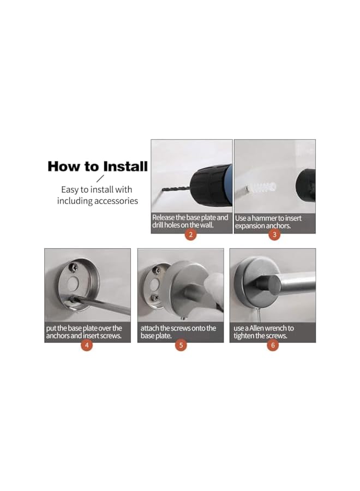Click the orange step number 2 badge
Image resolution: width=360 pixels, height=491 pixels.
191,234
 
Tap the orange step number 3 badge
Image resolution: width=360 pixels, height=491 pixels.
274,235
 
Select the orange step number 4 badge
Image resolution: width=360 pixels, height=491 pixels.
87,345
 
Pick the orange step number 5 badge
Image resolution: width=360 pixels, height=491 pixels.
181,345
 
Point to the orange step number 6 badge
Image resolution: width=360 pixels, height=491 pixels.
273,345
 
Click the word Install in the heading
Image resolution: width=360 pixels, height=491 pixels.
125,166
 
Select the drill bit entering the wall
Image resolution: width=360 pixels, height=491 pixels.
176,189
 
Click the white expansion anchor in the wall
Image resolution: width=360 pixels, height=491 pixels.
261,189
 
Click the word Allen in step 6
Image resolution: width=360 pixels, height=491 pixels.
257,328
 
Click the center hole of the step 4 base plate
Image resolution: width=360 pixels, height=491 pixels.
73,284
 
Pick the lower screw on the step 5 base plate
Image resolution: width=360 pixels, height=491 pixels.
155,298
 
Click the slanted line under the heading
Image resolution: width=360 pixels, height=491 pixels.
100,178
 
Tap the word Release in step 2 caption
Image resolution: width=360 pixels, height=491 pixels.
164,217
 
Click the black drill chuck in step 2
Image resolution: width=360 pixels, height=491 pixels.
210,186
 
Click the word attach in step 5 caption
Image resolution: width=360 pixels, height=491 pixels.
149,328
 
